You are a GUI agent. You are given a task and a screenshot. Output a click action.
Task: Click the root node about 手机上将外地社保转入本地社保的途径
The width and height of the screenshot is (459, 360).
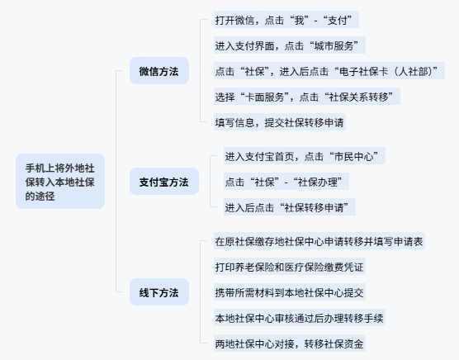click(60, 181)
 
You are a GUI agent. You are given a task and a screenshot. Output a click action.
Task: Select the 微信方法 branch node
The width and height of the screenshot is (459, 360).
click(159, 71)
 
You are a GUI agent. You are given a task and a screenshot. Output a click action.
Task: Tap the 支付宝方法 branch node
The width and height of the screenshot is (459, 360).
click(164, 182)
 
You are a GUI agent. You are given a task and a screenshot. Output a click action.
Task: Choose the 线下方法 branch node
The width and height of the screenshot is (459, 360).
click(159, 292)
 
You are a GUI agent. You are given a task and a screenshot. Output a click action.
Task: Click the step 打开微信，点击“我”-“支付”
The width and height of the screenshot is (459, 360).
click(286, 20)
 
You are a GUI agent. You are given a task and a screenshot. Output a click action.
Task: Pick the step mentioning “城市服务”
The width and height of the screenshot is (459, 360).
click(290, 45)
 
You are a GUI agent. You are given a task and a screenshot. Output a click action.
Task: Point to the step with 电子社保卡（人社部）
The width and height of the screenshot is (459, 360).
click(329, 71)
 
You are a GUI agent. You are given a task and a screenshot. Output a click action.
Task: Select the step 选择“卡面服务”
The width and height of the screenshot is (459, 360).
click(307, 97)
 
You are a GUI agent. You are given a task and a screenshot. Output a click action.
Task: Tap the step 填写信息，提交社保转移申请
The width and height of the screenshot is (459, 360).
click(280, 122)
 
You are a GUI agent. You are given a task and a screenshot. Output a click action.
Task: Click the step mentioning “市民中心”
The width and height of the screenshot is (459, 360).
click(305, 156)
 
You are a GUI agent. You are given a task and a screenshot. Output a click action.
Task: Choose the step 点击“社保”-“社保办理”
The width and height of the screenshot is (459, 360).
click(286, 182)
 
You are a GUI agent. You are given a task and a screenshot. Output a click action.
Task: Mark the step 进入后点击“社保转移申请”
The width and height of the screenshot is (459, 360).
click(290, 207)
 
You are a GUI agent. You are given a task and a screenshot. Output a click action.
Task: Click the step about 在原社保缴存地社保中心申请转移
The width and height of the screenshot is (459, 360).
click(319, 241)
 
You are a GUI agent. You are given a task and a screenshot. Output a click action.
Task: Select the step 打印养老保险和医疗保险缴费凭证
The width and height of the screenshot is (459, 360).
click(290, 267)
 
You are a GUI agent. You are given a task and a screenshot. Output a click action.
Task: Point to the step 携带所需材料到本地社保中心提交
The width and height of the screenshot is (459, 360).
click(290, 292)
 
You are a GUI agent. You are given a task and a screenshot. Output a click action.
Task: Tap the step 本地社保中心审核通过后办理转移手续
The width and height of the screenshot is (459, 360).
click(300, 318)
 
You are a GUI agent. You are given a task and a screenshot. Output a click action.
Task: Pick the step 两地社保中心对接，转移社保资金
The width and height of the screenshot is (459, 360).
click(290, 343)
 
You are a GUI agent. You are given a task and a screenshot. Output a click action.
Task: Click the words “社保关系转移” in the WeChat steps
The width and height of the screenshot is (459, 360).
click(358, 97)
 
